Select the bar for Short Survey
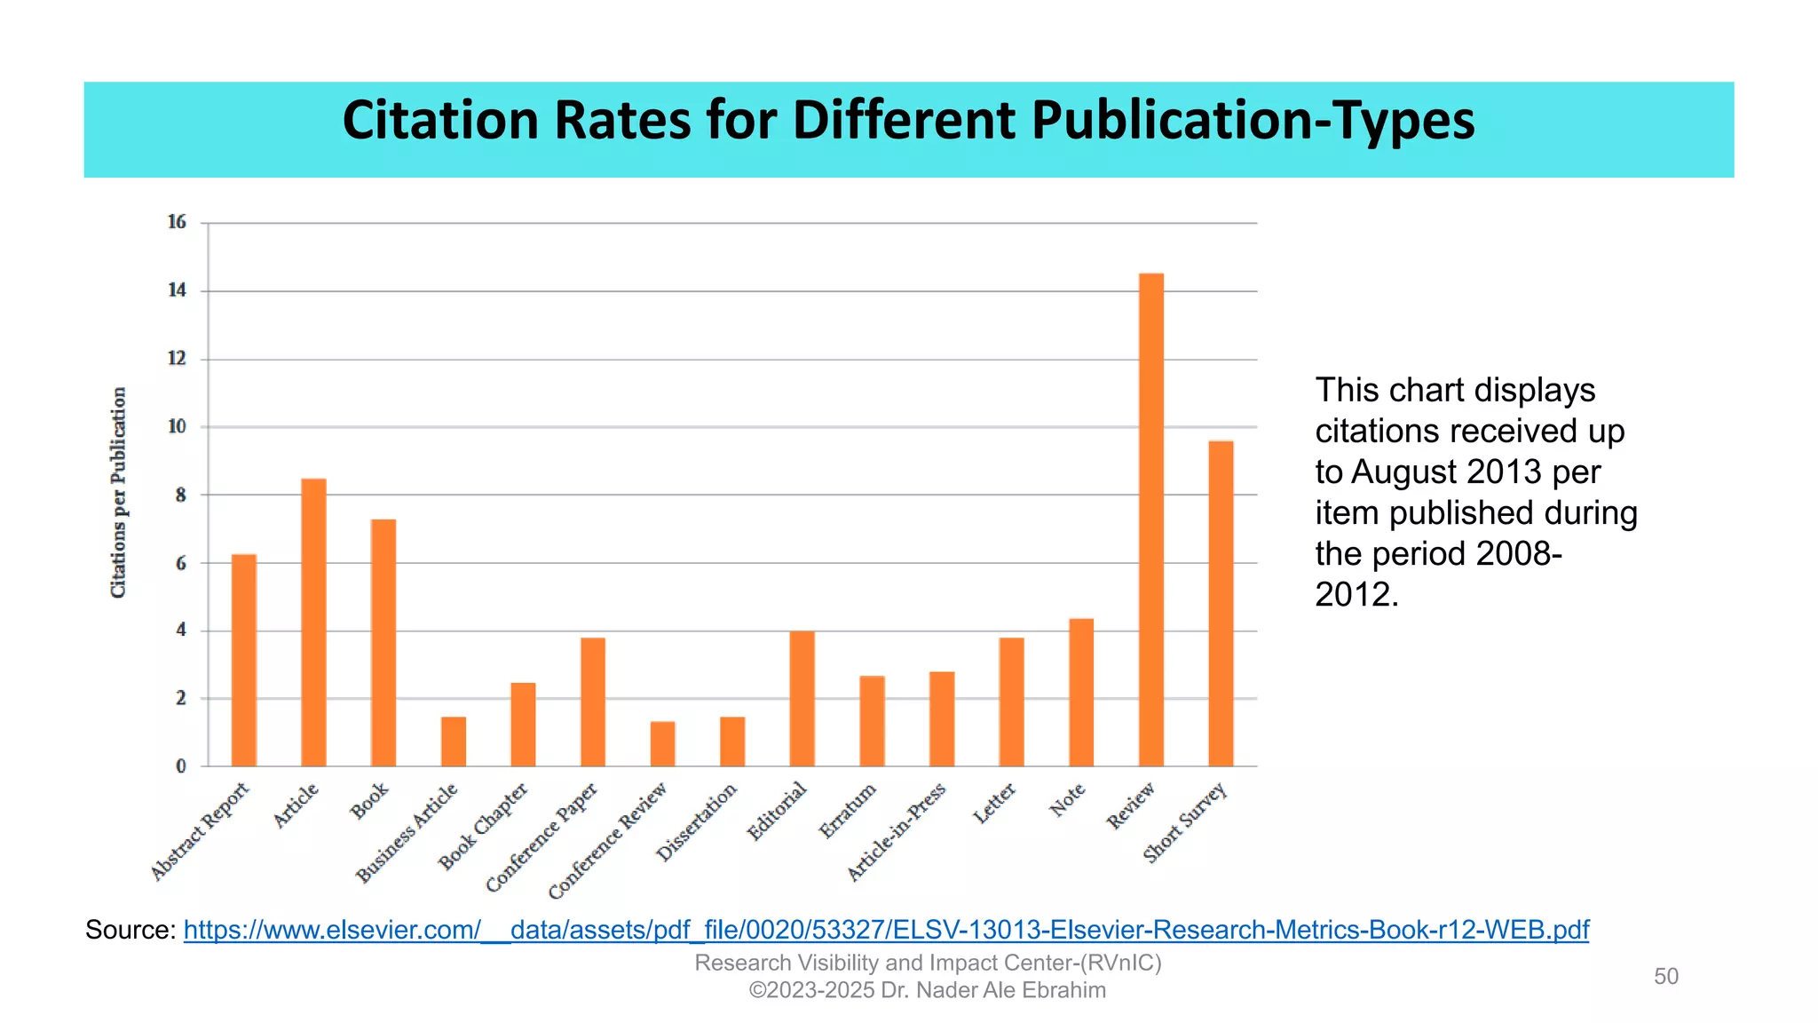click(x=1221, y=604)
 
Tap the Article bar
click(x=313, y=622)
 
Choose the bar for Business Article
click(x=453, y=741)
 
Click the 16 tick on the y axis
click(x=177, y=222)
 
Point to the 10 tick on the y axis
click(x=177, y=427)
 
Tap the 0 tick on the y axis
click(x=181, y=766)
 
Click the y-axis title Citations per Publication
click(x=118, y=493)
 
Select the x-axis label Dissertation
click(x=698, y=821)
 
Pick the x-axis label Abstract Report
click(x=201, y=831)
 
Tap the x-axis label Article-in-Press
click(x=897, y=832)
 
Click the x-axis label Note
click(x=1068, y=799)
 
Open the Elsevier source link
click(x=886, y=930)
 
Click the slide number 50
click(x=1666, y=977)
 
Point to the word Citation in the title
click(x=440, y=121)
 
